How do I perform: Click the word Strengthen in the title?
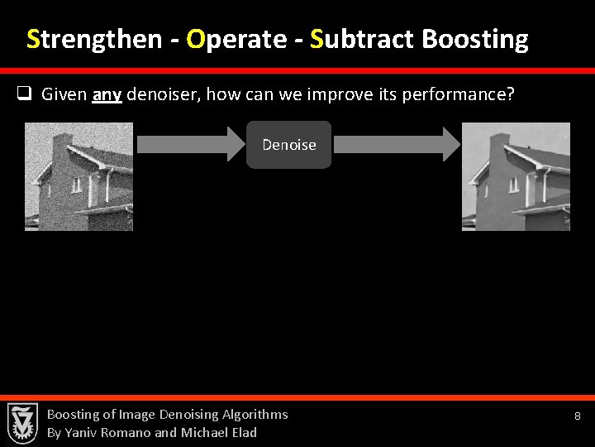tap(93, 39)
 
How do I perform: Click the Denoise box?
tap(288, 145)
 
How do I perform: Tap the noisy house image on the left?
tap(79, 176)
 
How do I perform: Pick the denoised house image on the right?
tap(516, 176)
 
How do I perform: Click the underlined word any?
tap(107, 94)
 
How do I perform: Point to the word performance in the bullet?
tap(463, 94)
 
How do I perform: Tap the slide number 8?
tap(578, 416)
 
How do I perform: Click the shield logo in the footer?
tap(22, 422)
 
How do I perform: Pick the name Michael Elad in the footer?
tap(219, 432)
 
